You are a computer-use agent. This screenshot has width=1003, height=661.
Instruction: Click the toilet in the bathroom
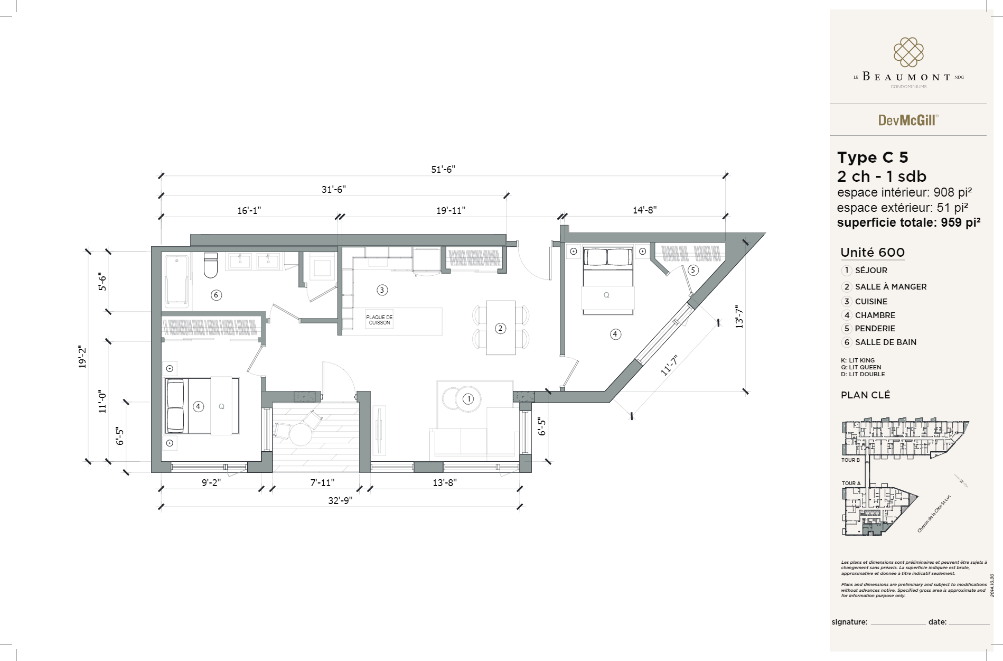[211, 265]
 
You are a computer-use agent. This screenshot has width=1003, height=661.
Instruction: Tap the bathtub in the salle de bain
[176, 282]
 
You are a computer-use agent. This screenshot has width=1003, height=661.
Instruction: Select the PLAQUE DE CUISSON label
[379, 320]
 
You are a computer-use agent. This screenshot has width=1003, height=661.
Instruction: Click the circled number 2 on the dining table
[500, 329]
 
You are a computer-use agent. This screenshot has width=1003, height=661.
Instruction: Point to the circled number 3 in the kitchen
[382, 290]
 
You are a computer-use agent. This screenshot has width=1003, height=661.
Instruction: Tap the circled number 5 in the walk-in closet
[693, 270]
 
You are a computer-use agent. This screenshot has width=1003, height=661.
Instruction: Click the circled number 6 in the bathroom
[216, 295]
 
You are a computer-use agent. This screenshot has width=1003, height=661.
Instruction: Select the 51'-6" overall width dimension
[443, 169]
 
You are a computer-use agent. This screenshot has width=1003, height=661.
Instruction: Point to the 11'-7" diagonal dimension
[669, 365]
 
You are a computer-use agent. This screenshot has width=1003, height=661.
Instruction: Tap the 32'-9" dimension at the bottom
[340, 500]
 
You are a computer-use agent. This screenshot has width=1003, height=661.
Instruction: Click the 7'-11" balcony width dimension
[322, 482]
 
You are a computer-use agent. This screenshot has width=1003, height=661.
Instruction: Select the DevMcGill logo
[908, 120]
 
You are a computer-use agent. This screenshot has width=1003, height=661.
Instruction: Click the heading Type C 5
[873, 157]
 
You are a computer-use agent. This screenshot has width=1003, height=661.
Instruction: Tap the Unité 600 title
[873, 253]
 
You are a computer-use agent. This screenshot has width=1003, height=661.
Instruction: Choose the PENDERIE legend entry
[875, 329]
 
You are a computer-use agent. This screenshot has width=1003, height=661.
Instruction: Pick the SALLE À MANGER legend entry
[890, 287]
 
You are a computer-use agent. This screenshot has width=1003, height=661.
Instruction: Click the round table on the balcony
[301, 434]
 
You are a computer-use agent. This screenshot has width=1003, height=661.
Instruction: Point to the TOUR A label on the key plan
[851, 483]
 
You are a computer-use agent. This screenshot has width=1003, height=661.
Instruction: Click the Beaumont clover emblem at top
[908, 52]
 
